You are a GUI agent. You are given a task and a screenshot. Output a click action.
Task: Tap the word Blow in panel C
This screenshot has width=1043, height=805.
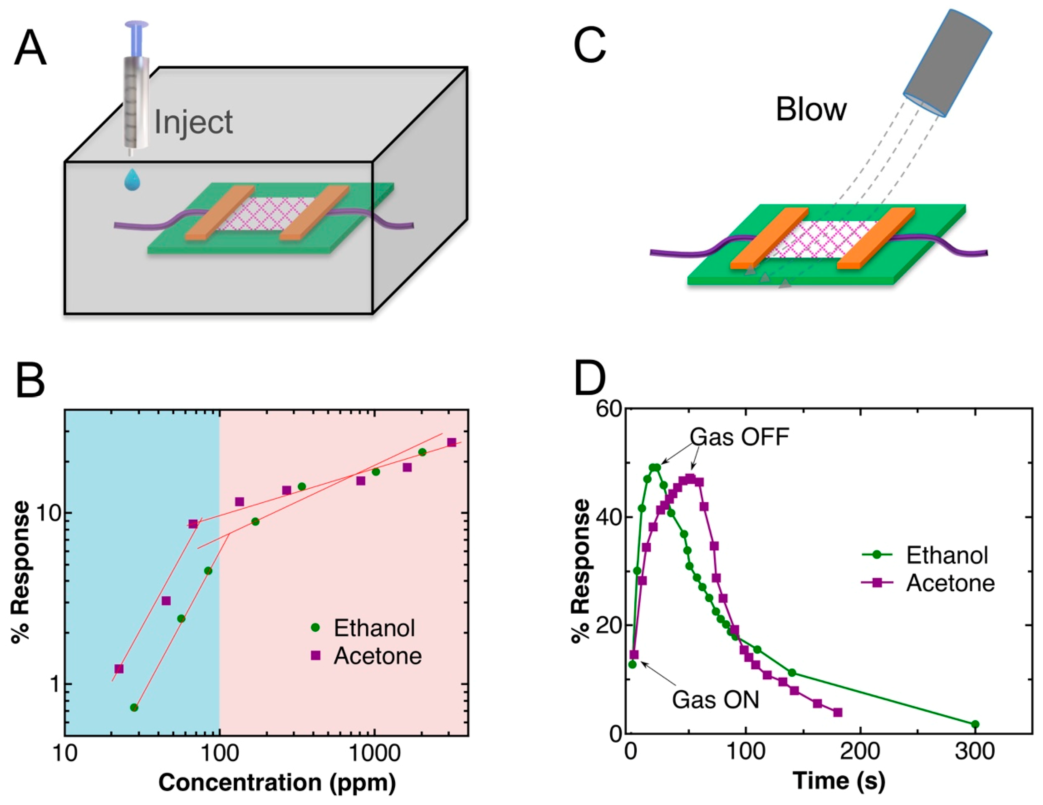811,109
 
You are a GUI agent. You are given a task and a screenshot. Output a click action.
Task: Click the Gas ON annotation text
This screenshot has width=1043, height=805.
715,700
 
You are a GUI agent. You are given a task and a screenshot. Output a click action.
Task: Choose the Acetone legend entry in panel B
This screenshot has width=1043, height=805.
377,656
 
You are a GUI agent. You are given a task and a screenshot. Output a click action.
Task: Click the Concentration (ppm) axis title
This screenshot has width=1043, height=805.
277,783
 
